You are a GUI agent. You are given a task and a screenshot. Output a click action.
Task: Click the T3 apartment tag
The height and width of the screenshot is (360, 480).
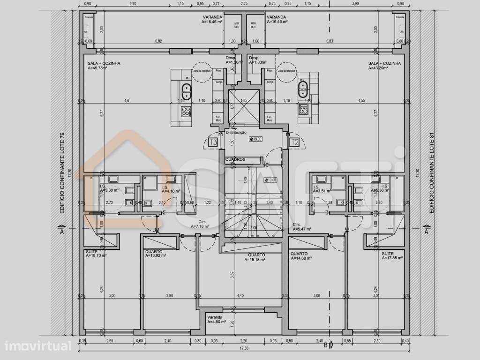click(213, 142)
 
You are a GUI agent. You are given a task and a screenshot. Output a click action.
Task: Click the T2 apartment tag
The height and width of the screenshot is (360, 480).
click(295, 142)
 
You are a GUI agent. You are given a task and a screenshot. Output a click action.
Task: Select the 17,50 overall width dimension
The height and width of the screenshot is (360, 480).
click(243, 348)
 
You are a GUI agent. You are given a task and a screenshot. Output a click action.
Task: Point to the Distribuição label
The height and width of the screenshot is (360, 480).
click(236, 133)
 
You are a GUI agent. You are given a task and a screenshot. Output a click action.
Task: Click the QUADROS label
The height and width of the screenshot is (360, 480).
click(235, 159)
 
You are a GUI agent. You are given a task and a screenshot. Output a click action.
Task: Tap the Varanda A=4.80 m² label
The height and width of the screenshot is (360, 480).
click(217, 320)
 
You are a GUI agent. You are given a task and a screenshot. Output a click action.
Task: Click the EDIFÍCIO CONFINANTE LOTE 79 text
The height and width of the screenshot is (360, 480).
click(62, 174)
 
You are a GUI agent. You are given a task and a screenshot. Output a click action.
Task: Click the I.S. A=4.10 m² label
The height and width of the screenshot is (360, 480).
click(172, 188)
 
